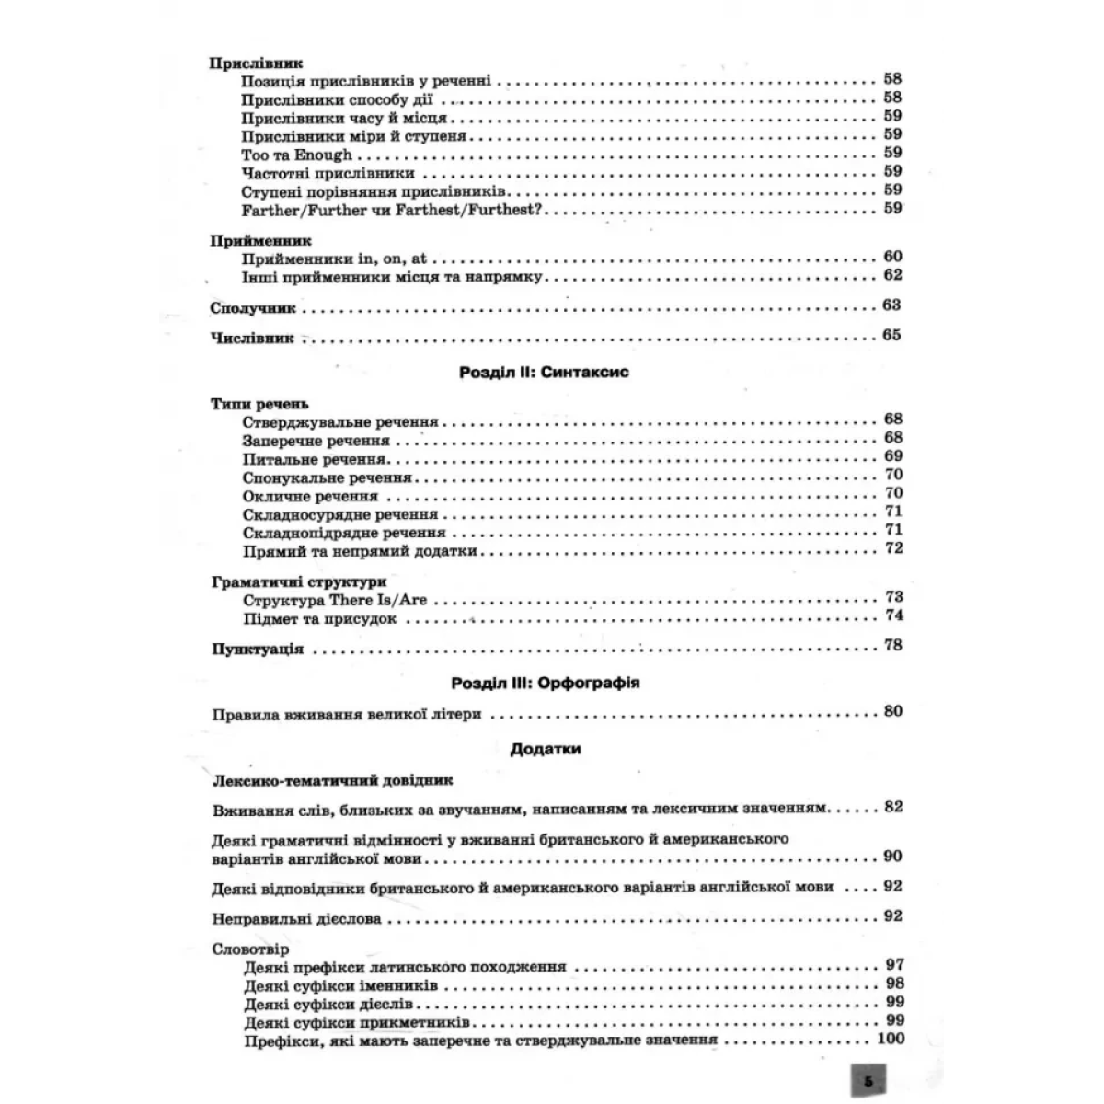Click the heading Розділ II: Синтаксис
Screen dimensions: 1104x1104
[543, 374]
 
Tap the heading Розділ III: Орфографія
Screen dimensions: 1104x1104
[546, 684]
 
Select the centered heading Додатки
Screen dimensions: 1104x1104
[546, 749]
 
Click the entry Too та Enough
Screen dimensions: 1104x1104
[297, 155]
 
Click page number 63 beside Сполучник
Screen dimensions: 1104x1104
[891, 305]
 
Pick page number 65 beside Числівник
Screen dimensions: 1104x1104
[891, 336]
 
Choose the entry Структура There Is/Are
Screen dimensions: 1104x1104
[335, 600]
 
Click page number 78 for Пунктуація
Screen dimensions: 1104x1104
[892, 645]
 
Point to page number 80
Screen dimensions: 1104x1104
[892, 711]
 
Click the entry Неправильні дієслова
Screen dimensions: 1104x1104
[295, 918]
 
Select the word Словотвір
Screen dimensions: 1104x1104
[249, 949]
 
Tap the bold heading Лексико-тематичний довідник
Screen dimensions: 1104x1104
[332, 781]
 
